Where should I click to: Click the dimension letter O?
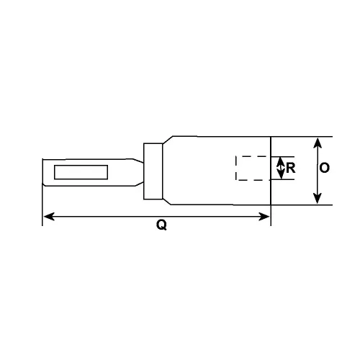pyautogui.click(x=325, y=168)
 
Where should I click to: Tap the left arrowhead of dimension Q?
pyautogui.click(x=48, y=215)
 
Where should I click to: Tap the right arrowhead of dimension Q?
pyautogui.click(x=266, y=215)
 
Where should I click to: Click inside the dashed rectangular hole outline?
pyautogui.click(x=252, y=168)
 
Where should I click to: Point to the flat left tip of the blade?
pyautogui.click(x=43, y=172)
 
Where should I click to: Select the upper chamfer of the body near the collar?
pyautogui.click(x=167, y=140)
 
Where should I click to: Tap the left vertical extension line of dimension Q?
pyautogui.click(x=43, y=205)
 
